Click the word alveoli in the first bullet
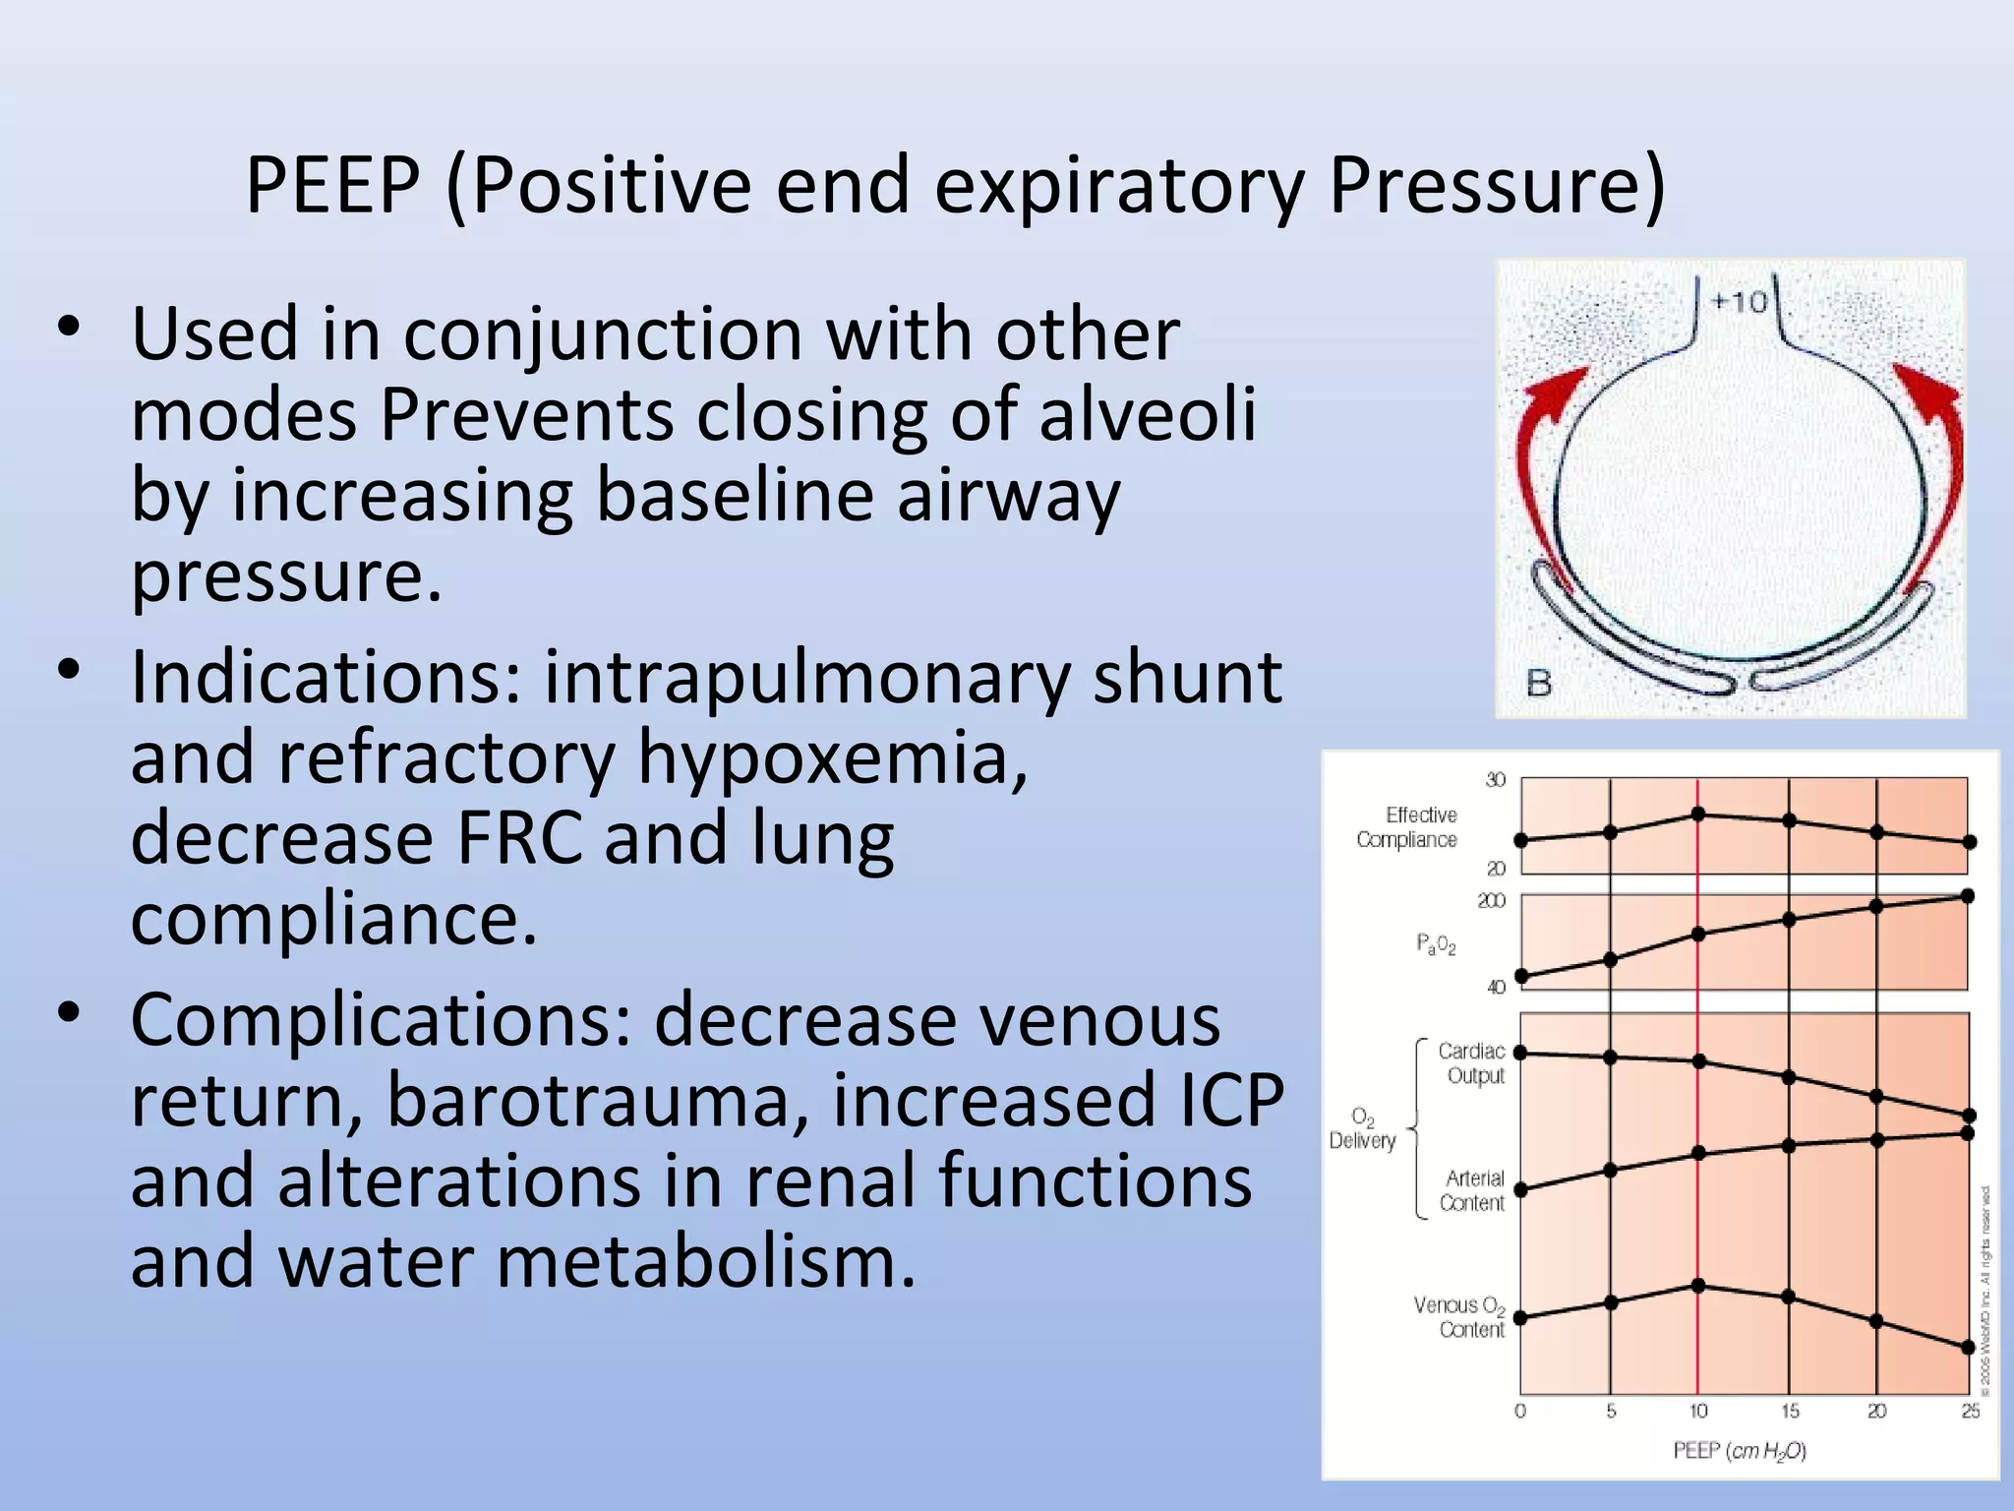tap(1148, 414)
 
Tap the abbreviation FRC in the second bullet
tap(518, 838)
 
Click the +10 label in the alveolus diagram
tap(1739, 301)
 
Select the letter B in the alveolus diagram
tap(1539, 683)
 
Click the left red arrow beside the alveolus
tap(1539, 462)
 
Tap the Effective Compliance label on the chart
tap(1408, 827)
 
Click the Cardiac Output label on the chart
tap(1472, 1063)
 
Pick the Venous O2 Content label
tap(1460, 1317)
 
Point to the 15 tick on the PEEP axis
tap(1790, 1411)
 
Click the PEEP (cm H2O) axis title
tap(1739, 1451)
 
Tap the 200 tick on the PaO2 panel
tap(1491, 900)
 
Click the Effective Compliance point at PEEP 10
tap(1698, 814)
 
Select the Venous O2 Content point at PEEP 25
tap(1968, 1347)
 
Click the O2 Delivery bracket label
tap(1363, 1128)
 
